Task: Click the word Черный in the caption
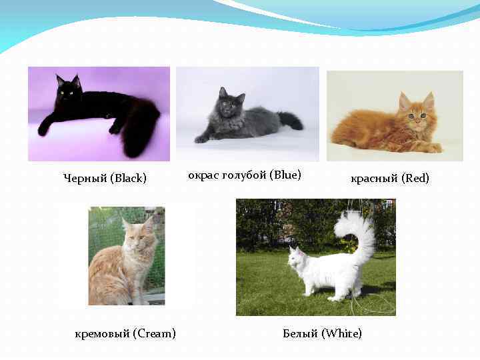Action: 85,178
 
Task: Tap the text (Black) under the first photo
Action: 129,178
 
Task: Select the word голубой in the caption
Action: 243,175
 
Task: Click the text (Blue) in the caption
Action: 286,175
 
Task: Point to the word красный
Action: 374,178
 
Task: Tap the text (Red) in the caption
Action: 415,178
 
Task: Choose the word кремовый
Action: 102,333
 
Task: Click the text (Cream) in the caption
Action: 154,333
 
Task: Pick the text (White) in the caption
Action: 342,333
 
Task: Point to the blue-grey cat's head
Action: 230,102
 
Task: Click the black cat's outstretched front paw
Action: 44,129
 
